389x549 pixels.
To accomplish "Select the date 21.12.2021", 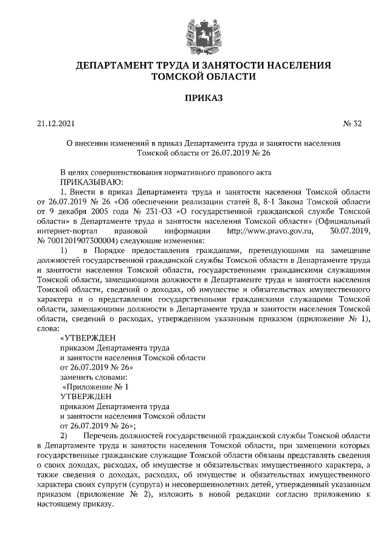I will (55, 124).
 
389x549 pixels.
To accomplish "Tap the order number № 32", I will (353, 124).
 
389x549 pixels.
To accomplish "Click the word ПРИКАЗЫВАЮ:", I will (92, 181).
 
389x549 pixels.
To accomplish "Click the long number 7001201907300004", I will (81, 241).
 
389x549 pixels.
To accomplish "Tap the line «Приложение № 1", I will (96, 386).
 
